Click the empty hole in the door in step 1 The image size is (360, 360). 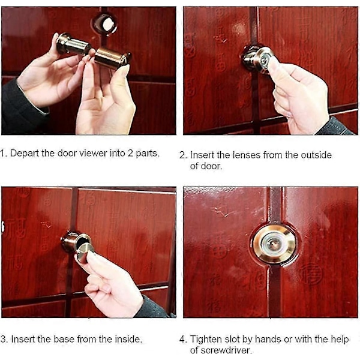pos(105,24)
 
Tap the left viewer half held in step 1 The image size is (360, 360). pos(73,44)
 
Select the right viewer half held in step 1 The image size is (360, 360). pos(113,58)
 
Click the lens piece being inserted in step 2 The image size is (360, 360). pos(257,59)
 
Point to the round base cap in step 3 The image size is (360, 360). pos(85,253)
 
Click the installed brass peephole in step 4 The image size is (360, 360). pos(274,244)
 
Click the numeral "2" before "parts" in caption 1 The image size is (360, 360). pos(130,153)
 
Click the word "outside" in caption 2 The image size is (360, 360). pos(316,155)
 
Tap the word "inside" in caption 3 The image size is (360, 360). pos(127,339)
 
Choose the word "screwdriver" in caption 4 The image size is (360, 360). pos(221,350)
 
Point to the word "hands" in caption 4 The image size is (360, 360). pos(268,339)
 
